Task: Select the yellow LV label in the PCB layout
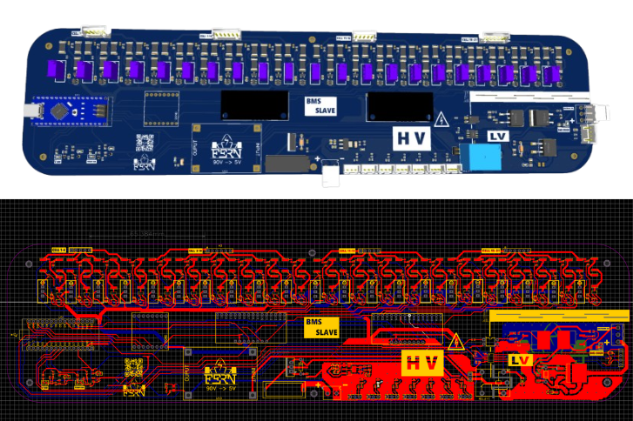[521, 359]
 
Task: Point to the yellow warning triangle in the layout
[455, 341]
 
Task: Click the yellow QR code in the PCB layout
[133, 366]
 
